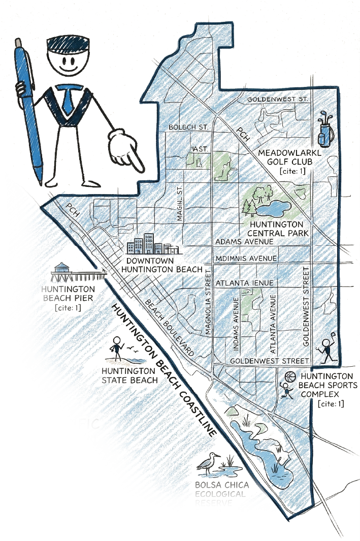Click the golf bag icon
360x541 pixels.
click(x=323, y=131)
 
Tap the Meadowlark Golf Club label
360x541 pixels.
click(x=290, y=157)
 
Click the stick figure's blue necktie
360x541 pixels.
click(x=67, y=99)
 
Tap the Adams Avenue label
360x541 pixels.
click(x=245, y=241)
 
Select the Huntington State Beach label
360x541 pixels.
click(x=128, y=376)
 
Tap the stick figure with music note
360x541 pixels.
click(x=325, y=347)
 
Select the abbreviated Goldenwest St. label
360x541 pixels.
click(x=278, y=100)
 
